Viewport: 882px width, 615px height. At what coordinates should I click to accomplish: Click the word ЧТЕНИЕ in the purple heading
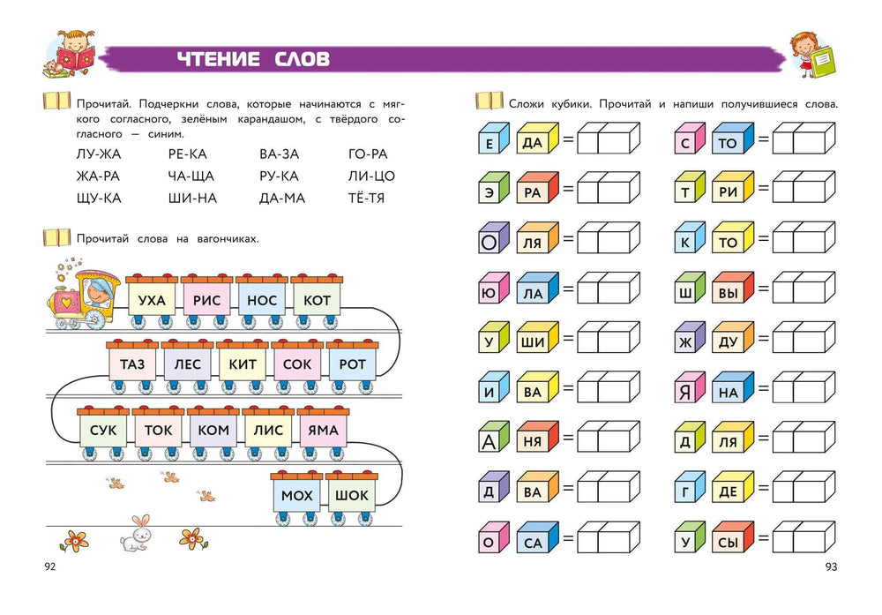(217, 59)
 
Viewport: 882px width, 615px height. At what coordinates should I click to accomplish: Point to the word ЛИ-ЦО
(371, 176)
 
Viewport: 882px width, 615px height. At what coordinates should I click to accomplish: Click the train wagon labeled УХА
(153, 301)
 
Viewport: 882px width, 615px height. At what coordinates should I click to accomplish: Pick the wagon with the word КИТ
(242, 364)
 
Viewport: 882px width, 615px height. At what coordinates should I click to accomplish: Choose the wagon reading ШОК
(351, 495)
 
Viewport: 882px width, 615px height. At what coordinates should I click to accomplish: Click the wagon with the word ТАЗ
(132, 364)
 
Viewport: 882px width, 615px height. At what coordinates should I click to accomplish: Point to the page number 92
(49, 566)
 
